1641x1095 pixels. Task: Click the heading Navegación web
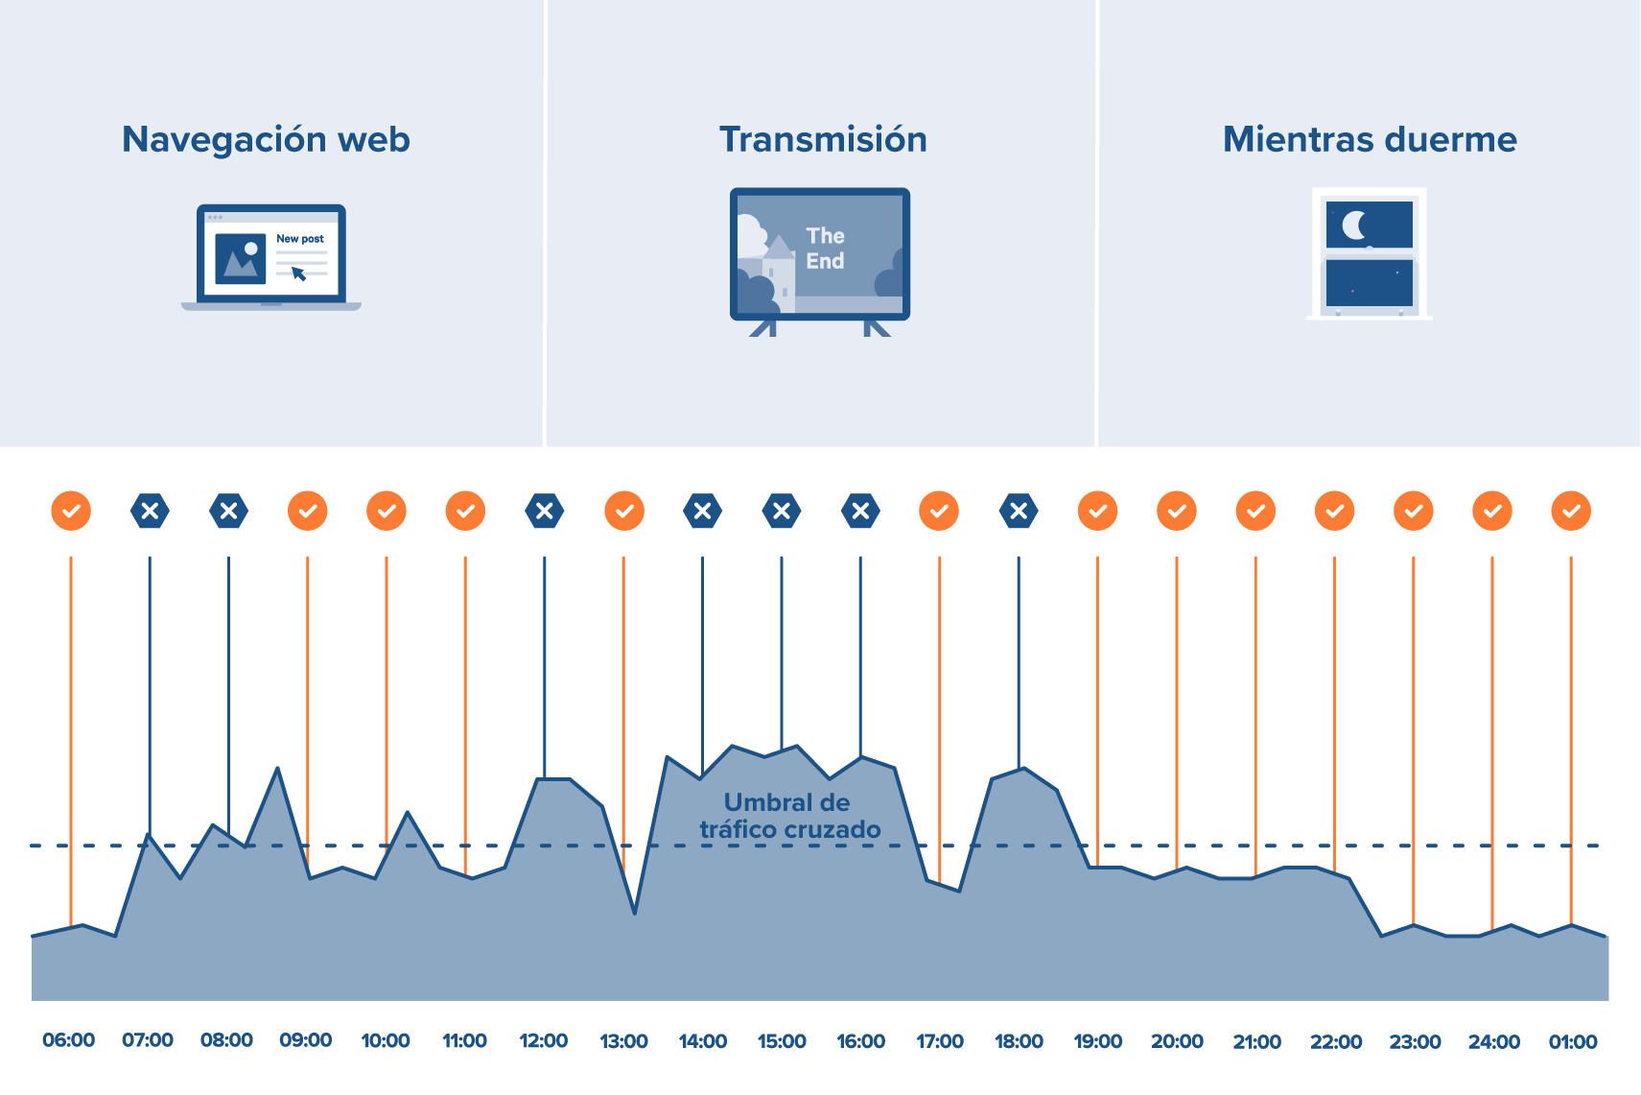pos(266,140)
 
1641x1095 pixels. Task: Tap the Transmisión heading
pos(823,140)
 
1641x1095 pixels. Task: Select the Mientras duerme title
pos(1370,140)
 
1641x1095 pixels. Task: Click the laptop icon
pos(271,257)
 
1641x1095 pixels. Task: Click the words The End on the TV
pos(825,249)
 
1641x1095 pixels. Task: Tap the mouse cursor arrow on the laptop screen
pos(298,274)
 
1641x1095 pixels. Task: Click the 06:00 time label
pos(69,1041)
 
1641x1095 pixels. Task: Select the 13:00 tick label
pos(623,1041)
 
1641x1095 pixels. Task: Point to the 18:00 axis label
pos(1019,1041)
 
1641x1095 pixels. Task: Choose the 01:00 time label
pos(1573,1041)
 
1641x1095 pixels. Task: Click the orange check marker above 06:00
pos(71,511)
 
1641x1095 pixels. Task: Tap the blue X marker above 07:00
pos(150,511)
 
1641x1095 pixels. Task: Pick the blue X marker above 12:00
pos(545,511)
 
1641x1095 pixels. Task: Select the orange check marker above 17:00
pos(939,511)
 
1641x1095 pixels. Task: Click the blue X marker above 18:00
pos(1019,511)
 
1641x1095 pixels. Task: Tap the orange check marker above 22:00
pos(1334,511)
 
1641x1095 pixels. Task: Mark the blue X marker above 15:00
pos(782,511)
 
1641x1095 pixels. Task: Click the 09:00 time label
pos(306,1041)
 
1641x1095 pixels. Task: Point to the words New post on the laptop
pos(300,239)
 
